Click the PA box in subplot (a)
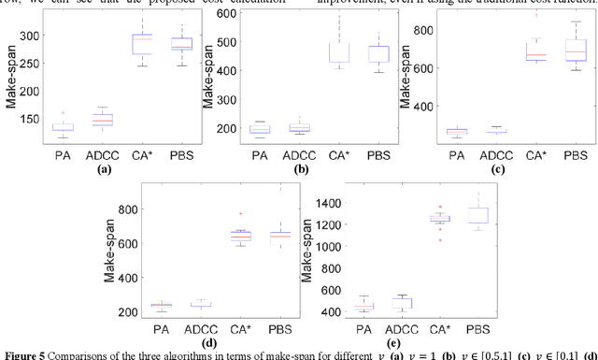(x=63, y=127)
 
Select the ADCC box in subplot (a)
(x=99, y=120)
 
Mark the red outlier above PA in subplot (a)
(x=63, y=112)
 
